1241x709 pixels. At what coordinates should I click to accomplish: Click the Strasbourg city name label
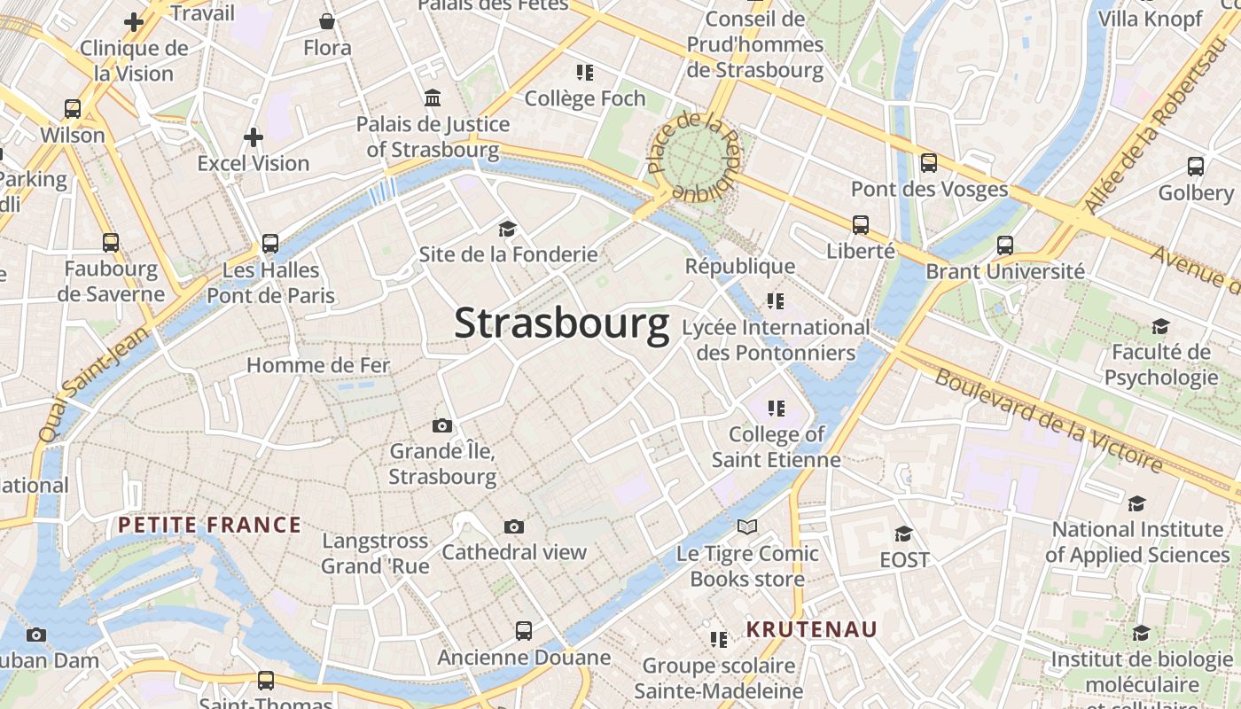click(x=561, y=324)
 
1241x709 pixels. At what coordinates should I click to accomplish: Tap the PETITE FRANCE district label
click(x=209, y=525)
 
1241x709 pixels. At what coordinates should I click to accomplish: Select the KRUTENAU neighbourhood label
click(x=811, y=629)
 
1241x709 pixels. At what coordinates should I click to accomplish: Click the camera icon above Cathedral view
click(x=513, y=527)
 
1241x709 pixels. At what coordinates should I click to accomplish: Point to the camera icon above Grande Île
click(x=441, y=426)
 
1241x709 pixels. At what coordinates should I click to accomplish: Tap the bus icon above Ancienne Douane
click(x=524, y=631)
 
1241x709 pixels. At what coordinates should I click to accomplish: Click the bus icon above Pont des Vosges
click(x=929, y=163)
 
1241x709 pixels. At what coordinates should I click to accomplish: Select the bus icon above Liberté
click(x=860, y=225)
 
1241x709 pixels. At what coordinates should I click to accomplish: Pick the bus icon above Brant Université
click(x=1004, y=245)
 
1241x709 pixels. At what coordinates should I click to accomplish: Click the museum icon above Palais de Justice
click(x=433, y=97)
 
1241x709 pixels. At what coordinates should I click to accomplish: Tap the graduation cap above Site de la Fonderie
click(x=507, y=229)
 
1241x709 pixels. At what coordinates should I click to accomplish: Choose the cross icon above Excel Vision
click(x=254, y=137)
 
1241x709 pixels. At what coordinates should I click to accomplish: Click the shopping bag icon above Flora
click(x=327, y=21)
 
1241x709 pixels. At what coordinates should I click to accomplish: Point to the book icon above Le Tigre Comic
click(x=747, y=527)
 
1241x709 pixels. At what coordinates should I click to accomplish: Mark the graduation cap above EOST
click(x=903, y=534)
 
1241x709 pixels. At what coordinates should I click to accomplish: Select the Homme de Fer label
click(x=317, y=365)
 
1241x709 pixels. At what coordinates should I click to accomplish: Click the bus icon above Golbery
click(x=1195, y=166)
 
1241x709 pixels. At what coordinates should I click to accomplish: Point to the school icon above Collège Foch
click(x=584, y=72)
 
